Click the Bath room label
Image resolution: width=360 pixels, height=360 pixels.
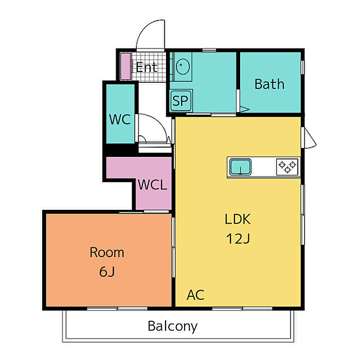[269, 84]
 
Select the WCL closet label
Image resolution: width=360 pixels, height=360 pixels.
[153, 185]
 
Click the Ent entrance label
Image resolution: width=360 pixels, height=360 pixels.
[146, 67]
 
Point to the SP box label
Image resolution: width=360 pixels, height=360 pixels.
[181, 101]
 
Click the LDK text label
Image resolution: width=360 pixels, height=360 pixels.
[237, 220]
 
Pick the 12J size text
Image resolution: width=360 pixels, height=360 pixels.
[237, 239]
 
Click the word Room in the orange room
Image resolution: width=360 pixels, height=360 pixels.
[107, 253]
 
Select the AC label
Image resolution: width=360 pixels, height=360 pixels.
[195, 295]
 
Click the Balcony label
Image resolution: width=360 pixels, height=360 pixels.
[172, 326]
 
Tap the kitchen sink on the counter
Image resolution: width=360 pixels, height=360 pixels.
[240, 167]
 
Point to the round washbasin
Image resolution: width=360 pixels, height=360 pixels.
[183, 66]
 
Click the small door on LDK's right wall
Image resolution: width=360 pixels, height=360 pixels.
[310, 138]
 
